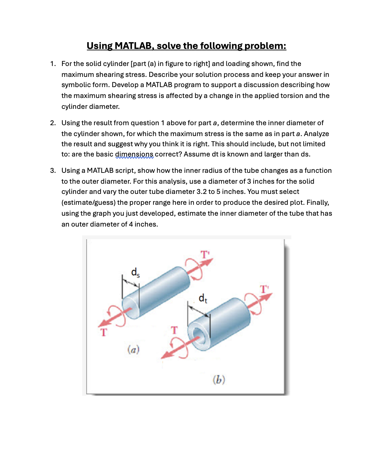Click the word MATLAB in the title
pyautogui.click(x=133, y=46)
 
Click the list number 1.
pyautogui.click(x=53, y=64)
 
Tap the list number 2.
pyautogui.click(x=53, y=123)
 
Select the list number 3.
pyautogui.click(x=53, y=170)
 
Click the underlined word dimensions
pyautogui.click(x=134, y=154)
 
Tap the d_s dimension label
pyautogui.click(x=135, y=272)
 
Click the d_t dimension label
pyautogui.click(x=203, y=298)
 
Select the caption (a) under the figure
pyautogui.click(x=133, y=349)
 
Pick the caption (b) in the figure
pyautogui.click(x=219, y=379)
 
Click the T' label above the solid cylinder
pyautogui.click(x=205, y=254)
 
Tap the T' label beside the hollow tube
pyautogui.click(x=264, y=289)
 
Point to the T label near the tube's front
pyautogui.click(x=174, y=330)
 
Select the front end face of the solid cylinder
pyautogui.click(x=131, y=307)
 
